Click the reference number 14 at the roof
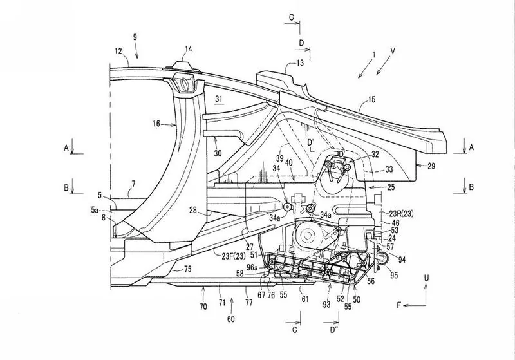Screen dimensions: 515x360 tap(188, 50)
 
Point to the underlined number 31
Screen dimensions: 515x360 tap(219, 99)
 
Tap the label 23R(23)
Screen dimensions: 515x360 tap(401, 214)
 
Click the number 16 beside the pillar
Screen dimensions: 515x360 tap(156, 124)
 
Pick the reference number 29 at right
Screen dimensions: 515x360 tap(431, 166)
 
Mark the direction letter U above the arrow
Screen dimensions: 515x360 tap(426, 278)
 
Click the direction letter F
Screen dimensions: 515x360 tap(399, 305)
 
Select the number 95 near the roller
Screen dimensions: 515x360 tap(394, 274)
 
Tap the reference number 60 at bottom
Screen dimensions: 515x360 tap(231, 319)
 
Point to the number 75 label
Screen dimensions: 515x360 tap(187, 269)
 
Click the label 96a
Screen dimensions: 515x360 tap(252, 268)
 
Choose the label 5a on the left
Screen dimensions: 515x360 tap(95, 209)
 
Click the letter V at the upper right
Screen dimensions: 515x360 tap(393, 52)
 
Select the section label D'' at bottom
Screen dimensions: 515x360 tap(334, 329)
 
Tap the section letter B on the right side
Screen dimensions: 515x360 tap(471, 187)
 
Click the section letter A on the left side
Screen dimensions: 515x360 tap(66, 148)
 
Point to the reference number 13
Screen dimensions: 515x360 tap(300, 62)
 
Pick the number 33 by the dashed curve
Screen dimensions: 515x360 tap(389, 169)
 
